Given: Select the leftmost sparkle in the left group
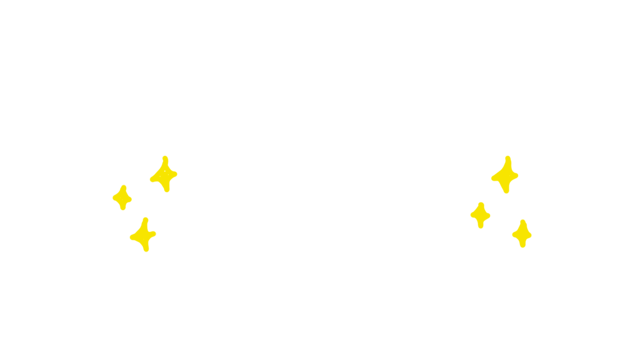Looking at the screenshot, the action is [x=123, y=198].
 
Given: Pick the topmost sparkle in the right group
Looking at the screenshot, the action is [x=506, y=175].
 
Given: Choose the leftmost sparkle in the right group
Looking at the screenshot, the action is [x=481, y=215].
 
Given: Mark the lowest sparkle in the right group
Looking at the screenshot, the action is [x=522, y=234].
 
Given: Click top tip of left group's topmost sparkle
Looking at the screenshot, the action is [x=165, y=158].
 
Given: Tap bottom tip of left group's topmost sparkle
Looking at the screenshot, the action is [x=167, y=190].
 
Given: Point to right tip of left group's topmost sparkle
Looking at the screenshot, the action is [x=175, y=174].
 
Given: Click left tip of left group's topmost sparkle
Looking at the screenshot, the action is [x=152, y=179].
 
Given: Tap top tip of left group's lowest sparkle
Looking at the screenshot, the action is [x=146, y=220].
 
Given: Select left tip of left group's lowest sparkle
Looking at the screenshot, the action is [x=132, y=237].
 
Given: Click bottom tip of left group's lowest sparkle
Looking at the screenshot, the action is [x=146, y=250].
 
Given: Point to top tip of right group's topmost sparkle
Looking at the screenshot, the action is [x=508, y=158].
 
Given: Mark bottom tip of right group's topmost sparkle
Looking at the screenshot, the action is [x=506, y=191].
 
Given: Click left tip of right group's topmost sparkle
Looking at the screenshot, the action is [x=493, y=178].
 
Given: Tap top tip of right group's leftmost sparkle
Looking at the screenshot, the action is [x=481, y=205].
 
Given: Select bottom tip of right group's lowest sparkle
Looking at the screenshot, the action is [x=522, y=245].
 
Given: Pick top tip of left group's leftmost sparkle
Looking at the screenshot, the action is [x=124, y=187].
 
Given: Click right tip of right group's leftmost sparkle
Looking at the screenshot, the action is [x=488, y=216].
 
